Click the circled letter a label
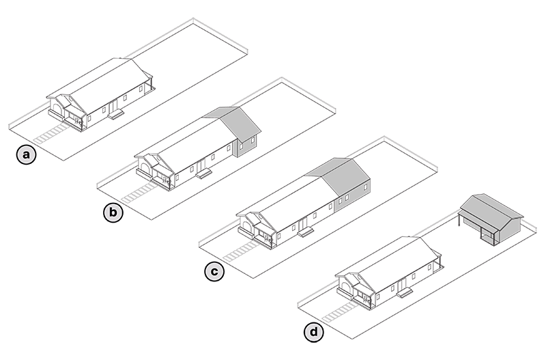pos(26,155)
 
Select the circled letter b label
pos(113,213)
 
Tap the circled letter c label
pos(214,272)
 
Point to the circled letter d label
pos(313,333)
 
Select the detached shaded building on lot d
pos(491,218)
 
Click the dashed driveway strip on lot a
pos(51,133)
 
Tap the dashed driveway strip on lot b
pos(139,193)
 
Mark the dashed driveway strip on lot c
pos(241,251)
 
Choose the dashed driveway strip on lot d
pos(340,312)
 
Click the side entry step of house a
pos(116,114)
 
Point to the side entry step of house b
pos(203,174)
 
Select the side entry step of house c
pos(305,232)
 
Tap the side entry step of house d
pos(404,293)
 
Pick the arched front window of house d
pos(345,287)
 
